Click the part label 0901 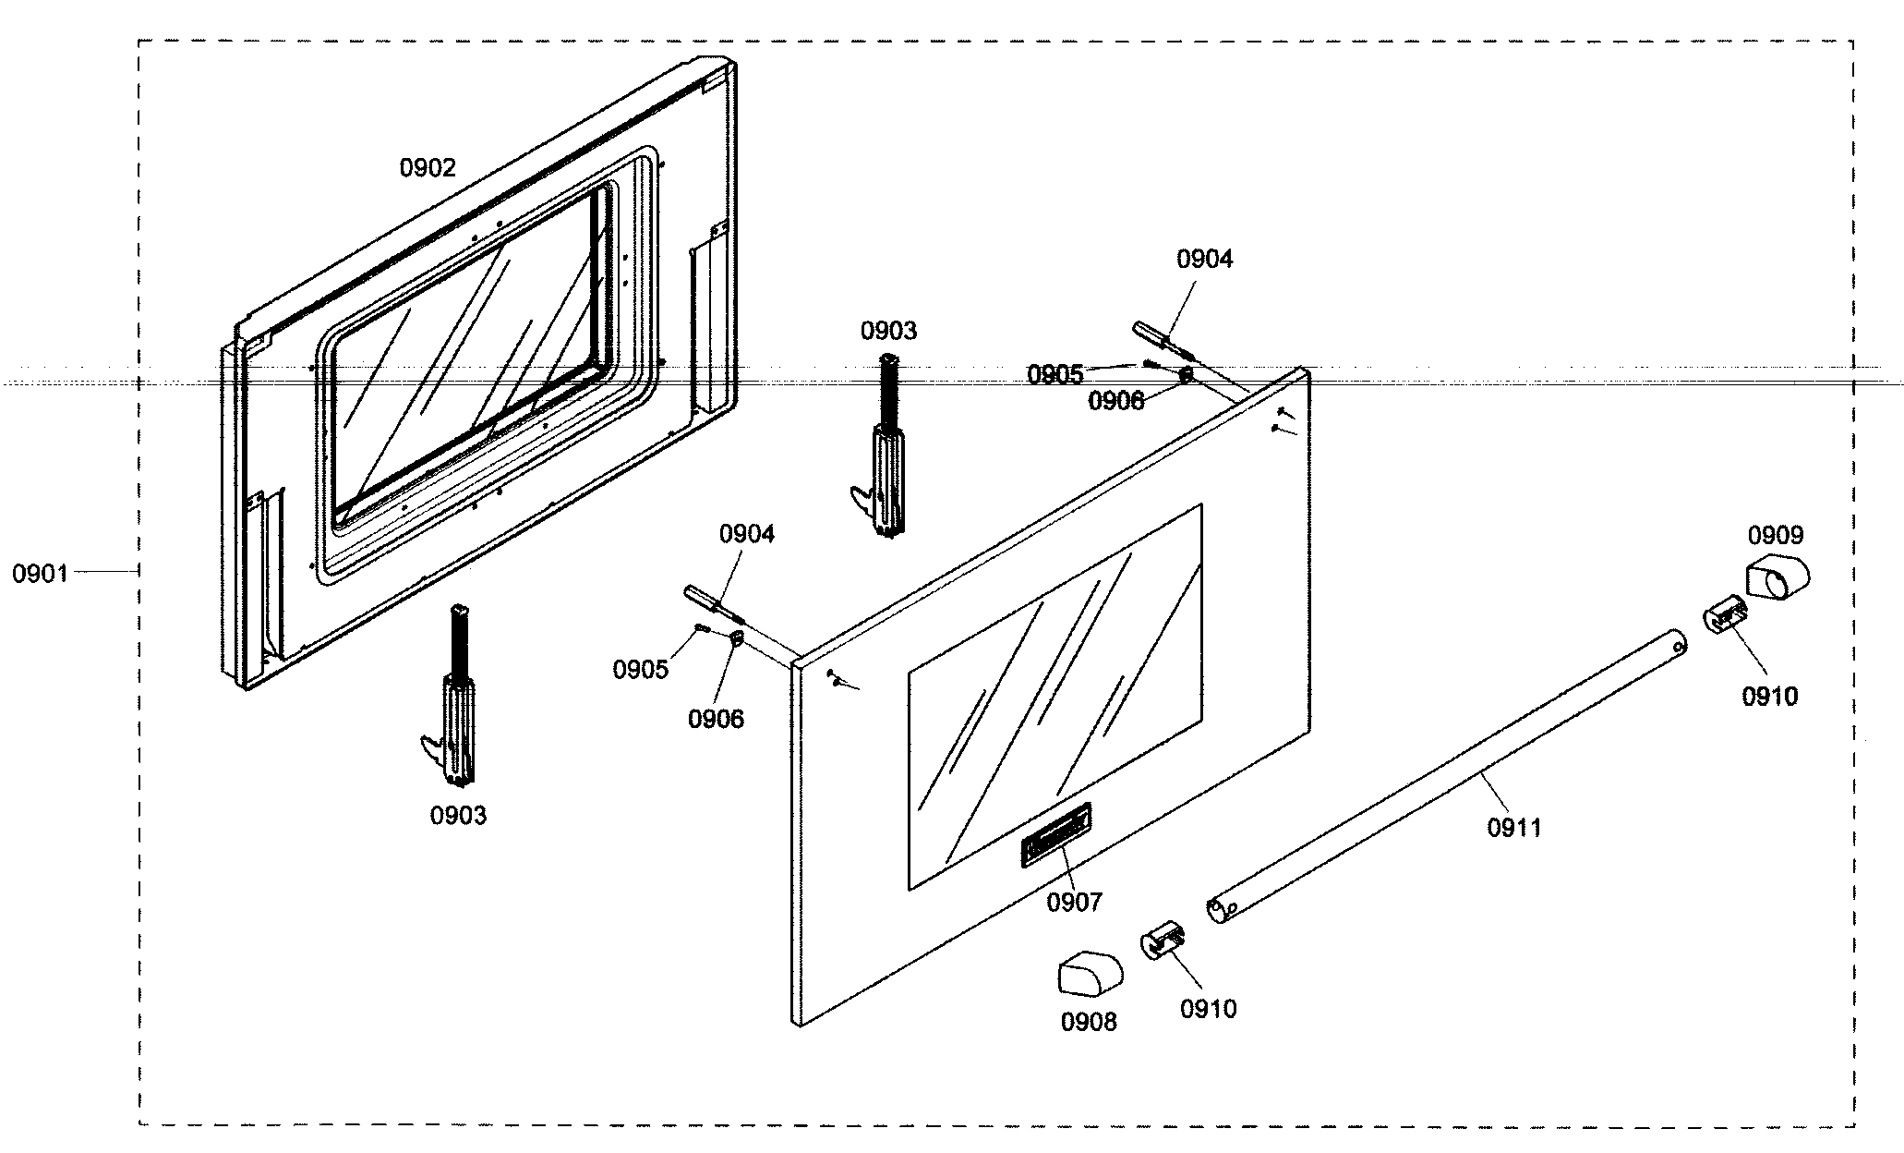tap(40, 574)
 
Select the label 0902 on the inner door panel tap(428, 168)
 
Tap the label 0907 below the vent tap(1074, 902)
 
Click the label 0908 tap(1089, 1022)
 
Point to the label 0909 tap(1775, 535)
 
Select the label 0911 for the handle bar tap(1514, 828)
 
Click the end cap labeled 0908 tap(1090, 975)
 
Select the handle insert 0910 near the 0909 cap tap(1723, 616)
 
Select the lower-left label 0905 tap(640, 670)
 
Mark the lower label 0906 tap(716, 719)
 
